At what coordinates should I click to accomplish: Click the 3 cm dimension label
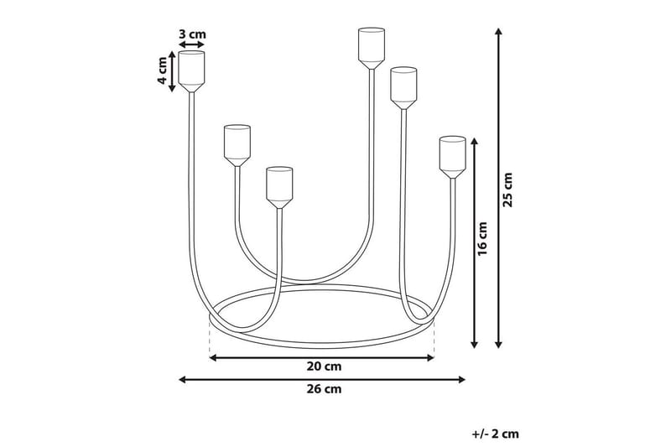pos(192,34)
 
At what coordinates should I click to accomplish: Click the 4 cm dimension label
pos(162,72)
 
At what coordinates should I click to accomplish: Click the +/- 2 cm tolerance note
pos(495,434)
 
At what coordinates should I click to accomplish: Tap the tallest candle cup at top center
pos(370,47)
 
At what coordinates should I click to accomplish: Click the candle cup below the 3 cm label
pos(191,70)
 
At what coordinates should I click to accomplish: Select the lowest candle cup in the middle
pos(279,185)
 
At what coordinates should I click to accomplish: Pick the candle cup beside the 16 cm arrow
pos(452,157)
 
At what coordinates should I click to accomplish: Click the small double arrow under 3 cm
pos(192,47)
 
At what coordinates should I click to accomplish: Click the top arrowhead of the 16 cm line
pos(476,143)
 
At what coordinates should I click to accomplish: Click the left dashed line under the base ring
pos(208,336)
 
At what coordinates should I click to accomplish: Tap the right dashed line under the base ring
pos(434,339)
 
